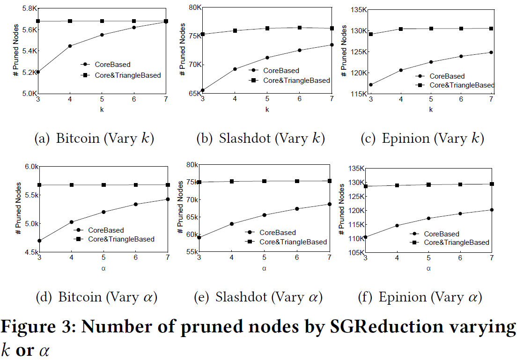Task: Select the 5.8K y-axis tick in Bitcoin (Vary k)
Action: coord(27,9)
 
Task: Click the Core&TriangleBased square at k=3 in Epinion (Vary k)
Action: coord(371,34)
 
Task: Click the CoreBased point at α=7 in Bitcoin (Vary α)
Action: coord(168,199)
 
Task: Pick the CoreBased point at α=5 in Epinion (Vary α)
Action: coord(428,218)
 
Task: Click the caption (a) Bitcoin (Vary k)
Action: coord(94,139)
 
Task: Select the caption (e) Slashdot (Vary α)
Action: coord(262,297)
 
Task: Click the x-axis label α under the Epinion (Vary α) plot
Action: coord(428,268)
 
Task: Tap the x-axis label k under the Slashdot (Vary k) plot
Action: coord(267,110)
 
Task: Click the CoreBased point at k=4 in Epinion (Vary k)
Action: coord(400,70)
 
